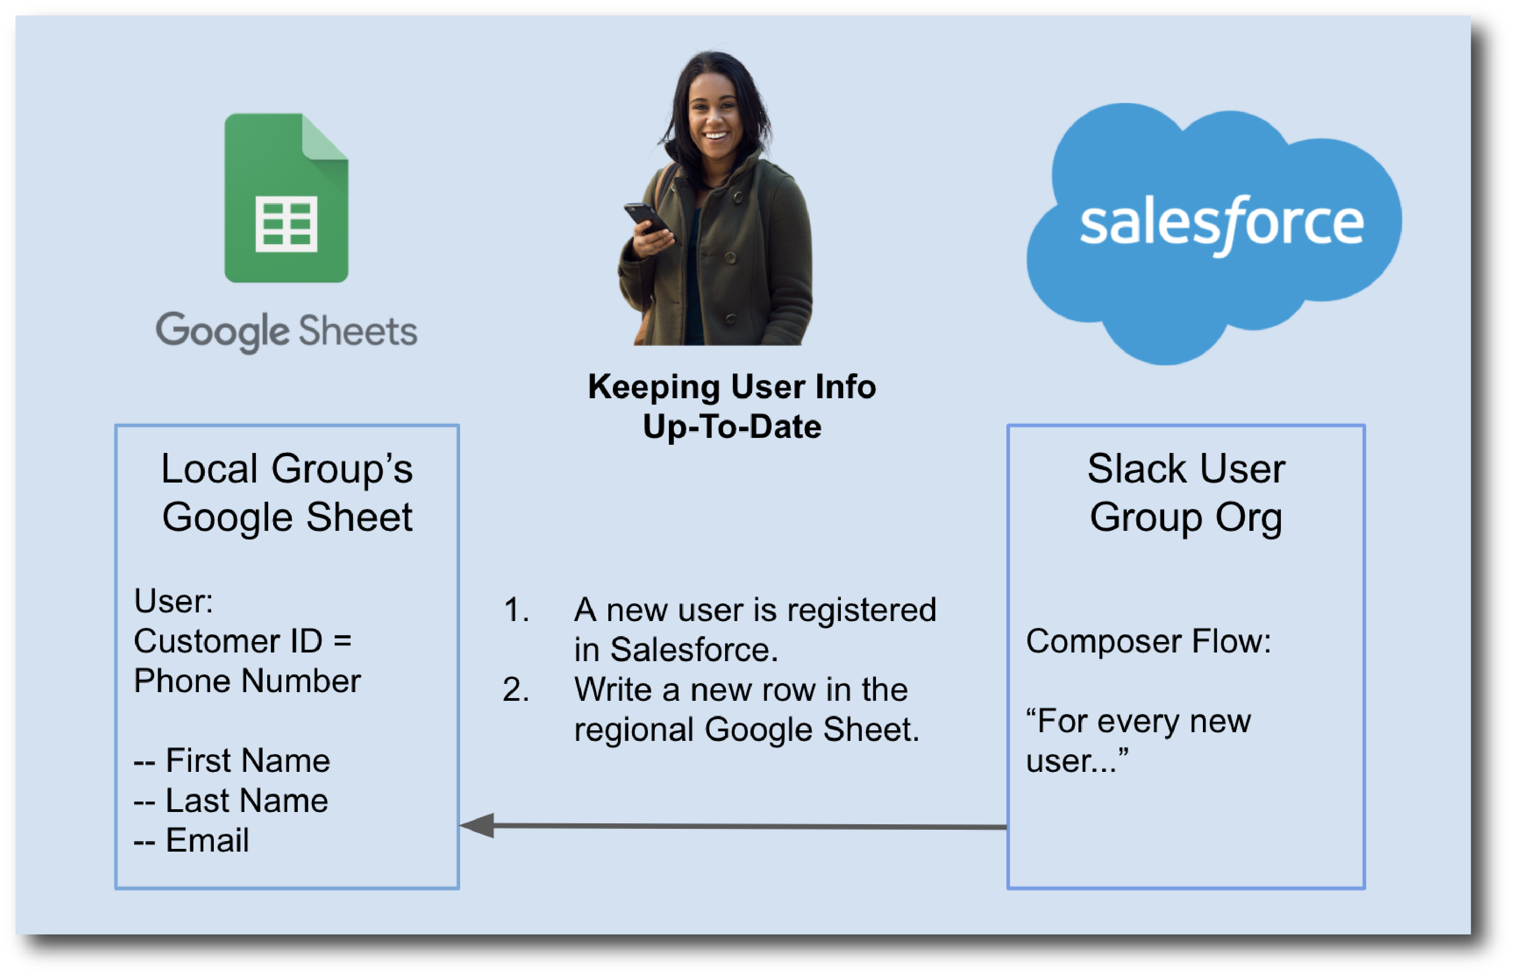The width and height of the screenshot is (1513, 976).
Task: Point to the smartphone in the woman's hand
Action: point(646,217)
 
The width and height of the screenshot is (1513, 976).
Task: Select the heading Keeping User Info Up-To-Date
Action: point(732,406)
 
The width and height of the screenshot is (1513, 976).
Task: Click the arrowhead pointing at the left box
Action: point(477,825)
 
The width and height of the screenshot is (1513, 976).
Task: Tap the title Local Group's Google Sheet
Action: point(287,493)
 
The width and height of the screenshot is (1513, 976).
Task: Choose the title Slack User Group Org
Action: point(1185,493)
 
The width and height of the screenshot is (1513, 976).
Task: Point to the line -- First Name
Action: point(232,760)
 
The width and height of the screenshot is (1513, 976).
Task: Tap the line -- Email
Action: point(192,840)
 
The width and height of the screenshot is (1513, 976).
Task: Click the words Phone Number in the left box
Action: point(247,681)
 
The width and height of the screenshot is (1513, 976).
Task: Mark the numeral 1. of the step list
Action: point(516,610)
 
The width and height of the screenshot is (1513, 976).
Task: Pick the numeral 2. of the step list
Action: point(516,689)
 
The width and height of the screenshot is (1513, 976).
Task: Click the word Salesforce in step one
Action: point(693,650)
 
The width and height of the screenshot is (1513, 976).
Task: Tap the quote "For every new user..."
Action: point(1138,740)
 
